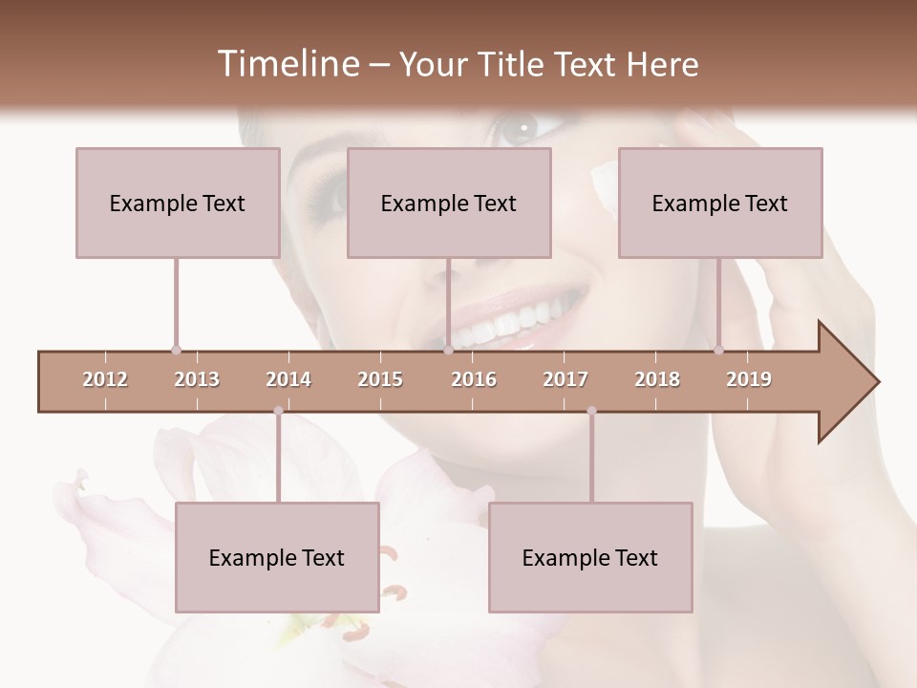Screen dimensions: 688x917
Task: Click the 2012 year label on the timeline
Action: coord(105,379)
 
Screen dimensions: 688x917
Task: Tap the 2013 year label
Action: coord(197,379)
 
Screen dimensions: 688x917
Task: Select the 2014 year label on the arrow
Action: coord(288,379)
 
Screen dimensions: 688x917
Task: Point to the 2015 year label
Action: coord(380,379)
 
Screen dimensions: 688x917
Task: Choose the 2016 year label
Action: coord(474,379)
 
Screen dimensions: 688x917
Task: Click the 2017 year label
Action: coord(565,379)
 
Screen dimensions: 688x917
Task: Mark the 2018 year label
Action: coord(657,379)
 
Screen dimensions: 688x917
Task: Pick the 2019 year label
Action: coord(749,379)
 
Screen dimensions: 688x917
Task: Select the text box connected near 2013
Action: coord(178,203)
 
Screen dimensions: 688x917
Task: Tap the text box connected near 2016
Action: coord(449,203)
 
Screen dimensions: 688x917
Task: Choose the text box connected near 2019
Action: coord(720,203)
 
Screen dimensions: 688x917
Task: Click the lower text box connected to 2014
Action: coord(277,557)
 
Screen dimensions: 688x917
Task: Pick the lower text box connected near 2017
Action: coord(590,557)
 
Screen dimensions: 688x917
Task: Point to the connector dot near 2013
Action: coord(176,351)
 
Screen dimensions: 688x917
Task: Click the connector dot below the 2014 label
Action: coord(278,411)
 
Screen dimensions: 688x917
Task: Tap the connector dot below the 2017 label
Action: coord(591,411)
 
